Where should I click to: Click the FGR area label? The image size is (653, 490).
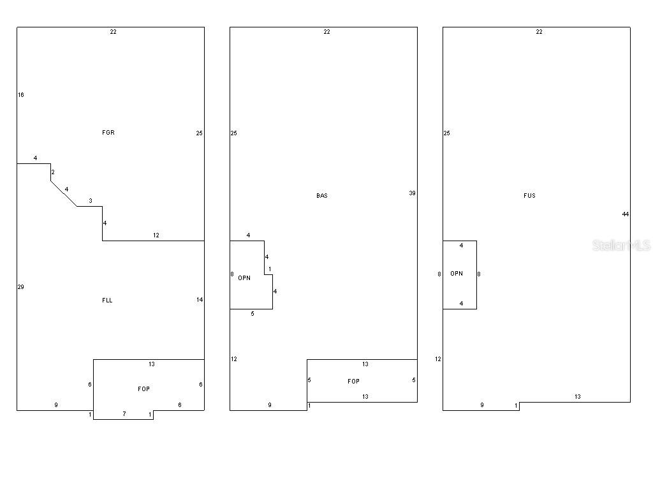[x=108, y=133]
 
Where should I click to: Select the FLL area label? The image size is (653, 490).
[x=107, y=300]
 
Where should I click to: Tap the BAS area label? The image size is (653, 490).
[x=322, y=195]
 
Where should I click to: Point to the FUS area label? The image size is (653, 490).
[x=530, y=195]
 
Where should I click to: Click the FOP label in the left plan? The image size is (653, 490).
[x=143, y=389]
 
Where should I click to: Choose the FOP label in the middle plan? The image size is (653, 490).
[x=353, y=382]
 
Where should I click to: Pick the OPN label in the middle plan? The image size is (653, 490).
[x=244, y=278]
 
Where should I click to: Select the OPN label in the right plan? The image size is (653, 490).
[x=457, y=273]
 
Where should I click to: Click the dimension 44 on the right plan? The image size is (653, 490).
[x=625, y=214]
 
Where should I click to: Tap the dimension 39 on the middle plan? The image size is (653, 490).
[x=413, y=193]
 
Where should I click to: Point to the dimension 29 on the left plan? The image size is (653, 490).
[x=21, y=286]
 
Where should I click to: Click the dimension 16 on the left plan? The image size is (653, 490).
[x=21, y=94]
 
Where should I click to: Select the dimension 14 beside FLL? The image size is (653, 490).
[x=200, y=300]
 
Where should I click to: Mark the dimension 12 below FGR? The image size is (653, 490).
[x=156, y=235]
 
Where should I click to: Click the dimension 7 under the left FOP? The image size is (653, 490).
[x=124, y=413]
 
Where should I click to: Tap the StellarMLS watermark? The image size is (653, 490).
[x=621, y=245]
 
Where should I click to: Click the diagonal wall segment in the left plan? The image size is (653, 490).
[x=64, y=193]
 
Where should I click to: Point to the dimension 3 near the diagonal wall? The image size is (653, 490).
[x=91, y=201]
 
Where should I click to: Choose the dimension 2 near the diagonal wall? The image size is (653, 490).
[x=53, y=172]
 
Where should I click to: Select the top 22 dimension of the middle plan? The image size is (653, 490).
[x=327, y=32]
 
